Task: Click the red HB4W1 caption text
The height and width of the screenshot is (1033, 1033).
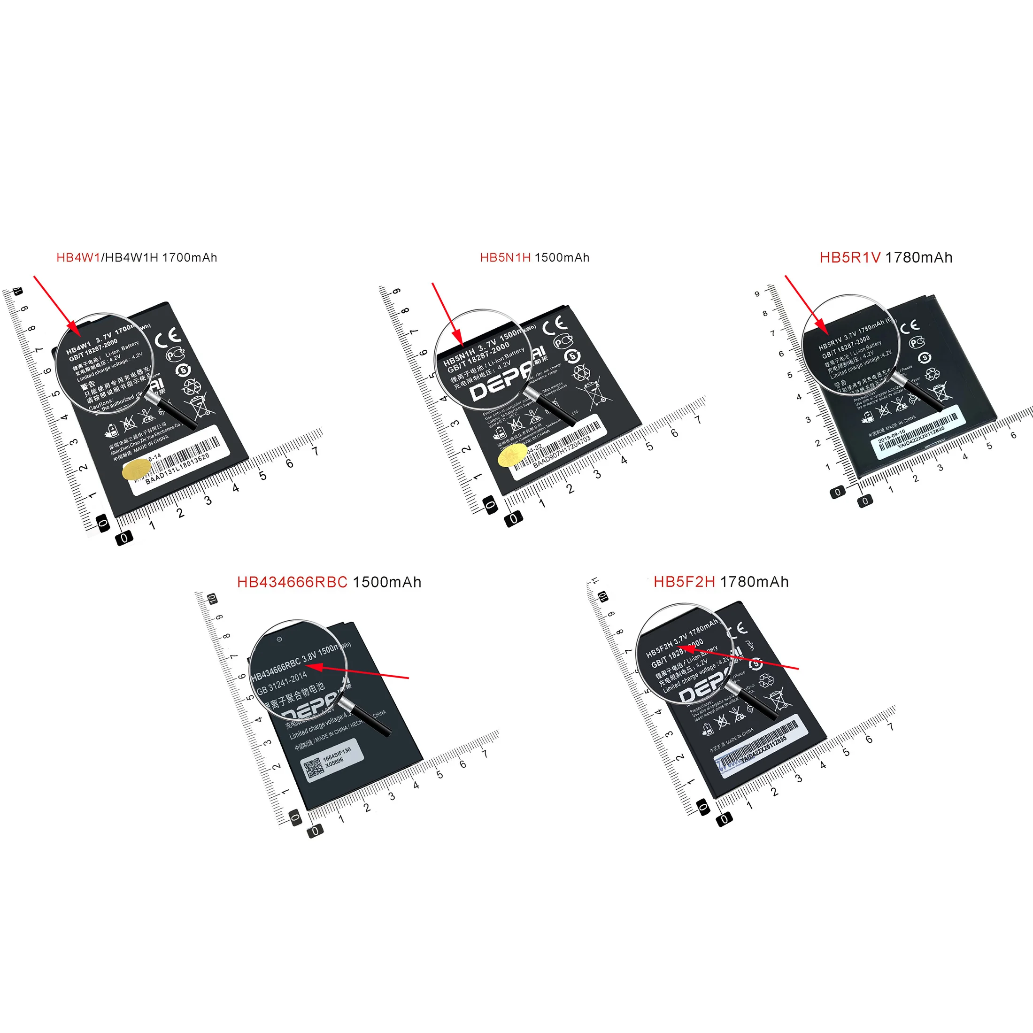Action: point(78,258)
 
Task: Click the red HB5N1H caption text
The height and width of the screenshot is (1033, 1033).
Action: point(505,258)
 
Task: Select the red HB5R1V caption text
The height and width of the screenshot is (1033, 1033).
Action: point(849,258)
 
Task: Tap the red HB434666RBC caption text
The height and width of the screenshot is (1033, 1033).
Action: point(292,582)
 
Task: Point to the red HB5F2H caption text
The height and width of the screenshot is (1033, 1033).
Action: point(684,582)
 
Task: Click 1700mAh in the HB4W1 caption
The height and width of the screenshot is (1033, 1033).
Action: point(189,258)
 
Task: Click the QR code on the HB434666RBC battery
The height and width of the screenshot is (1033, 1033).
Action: point(313,769)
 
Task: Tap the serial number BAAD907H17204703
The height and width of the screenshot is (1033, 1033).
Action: point(562,452)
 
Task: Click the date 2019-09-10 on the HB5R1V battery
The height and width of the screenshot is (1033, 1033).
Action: point(891,436)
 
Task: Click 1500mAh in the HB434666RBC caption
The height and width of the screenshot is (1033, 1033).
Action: point(387,582)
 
